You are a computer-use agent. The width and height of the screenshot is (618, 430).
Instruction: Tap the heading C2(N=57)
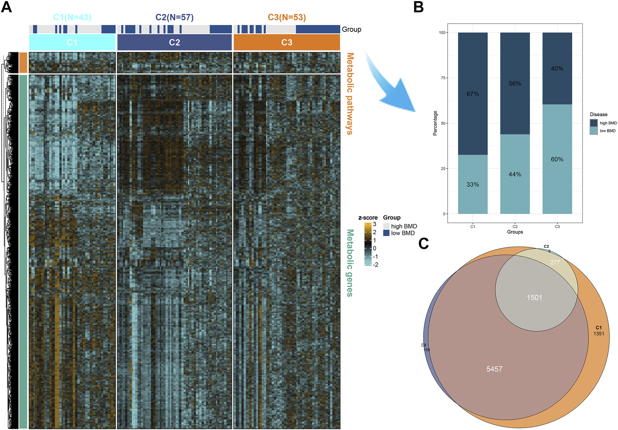click(174, 17)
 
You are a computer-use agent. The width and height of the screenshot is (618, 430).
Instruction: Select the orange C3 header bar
click(286, 42)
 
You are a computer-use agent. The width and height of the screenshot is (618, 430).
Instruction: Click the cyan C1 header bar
click(72, 42)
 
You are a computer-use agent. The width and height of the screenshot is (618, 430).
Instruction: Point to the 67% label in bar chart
click(473, 94)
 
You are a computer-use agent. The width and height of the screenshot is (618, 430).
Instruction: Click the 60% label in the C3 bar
click(557, 159)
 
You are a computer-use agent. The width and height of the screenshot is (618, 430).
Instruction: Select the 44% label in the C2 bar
click(515, 174)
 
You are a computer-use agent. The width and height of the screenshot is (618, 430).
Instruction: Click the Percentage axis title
click(435, 123)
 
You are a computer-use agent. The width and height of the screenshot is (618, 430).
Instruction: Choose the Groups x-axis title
click(515, 232)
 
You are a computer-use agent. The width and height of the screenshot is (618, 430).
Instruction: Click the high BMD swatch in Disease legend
click(594, 123)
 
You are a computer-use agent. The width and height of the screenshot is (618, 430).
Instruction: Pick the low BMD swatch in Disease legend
click(594, 131)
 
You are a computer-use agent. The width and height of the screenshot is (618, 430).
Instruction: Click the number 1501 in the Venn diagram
click(534, 298)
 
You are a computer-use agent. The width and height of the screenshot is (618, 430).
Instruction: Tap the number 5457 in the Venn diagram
click(494, 369)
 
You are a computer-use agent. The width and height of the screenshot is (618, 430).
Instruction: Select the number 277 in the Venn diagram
click(555, 262)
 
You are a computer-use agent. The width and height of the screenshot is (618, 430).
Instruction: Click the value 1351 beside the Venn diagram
click(599, 334)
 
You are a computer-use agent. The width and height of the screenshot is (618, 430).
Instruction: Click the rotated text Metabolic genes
click(350, 263)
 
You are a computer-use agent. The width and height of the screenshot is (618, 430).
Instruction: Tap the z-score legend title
click(368, 218)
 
